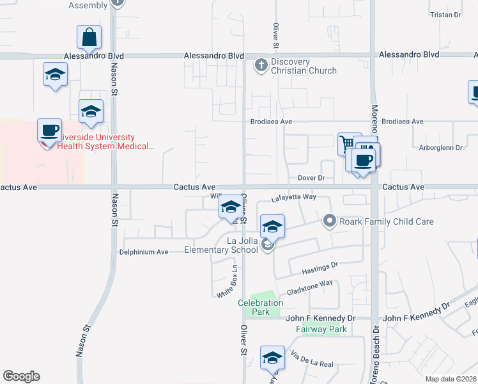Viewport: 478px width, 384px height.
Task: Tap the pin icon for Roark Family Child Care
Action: tap(330, 221)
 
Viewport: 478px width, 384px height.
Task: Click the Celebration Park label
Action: tap(260, 307)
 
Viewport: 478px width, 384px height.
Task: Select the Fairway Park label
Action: tap(321, 330)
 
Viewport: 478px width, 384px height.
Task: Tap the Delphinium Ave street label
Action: tap(143, 252)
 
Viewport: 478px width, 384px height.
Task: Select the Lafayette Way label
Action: tap(294, 198)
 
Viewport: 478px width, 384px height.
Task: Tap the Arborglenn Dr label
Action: tap(440, 148)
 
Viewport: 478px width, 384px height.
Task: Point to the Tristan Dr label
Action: tap(445, 15)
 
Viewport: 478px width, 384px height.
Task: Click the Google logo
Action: tap(21, 376)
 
